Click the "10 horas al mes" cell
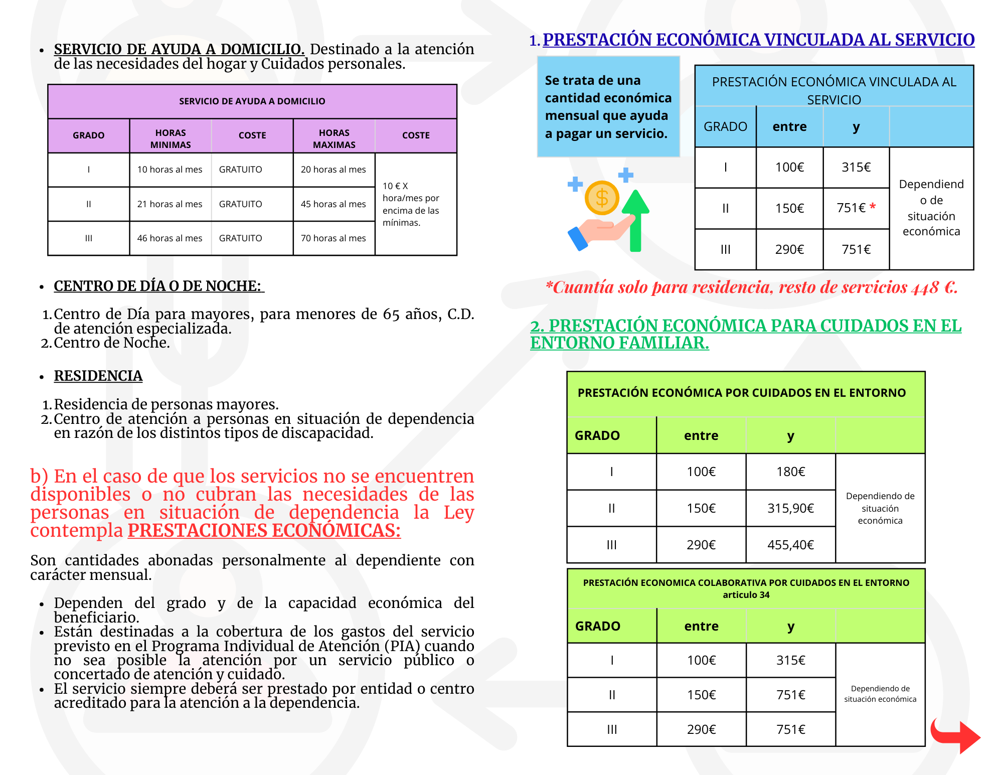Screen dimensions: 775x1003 170,170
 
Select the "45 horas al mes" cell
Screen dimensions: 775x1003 333,204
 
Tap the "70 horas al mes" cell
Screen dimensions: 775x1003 333,238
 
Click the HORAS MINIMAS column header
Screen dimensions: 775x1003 171,138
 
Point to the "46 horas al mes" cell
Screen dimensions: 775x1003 170,238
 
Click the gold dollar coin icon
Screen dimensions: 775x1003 602,198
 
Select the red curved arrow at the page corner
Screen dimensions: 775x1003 954,735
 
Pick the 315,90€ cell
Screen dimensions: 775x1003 790,508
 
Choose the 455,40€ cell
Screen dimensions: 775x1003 790,545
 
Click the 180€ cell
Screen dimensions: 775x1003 790,472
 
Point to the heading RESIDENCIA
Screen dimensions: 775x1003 98,376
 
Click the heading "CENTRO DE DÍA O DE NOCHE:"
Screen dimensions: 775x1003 158,286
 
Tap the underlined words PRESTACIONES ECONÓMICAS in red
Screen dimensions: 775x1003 264,530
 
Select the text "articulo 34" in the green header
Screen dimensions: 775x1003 746,595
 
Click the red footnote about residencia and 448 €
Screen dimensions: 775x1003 751,287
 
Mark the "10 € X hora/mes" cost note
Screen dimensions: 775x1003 411,204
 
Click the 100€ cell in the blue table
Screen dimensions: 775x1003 789,168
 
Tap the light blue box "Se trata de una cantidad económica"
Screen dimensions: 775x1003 608,107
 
